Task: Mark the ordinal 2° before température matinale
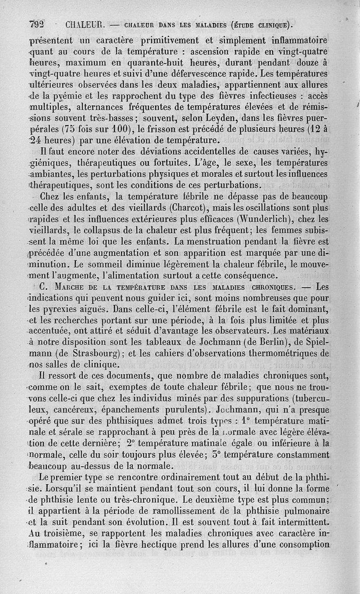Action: [x=132, y=443]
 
